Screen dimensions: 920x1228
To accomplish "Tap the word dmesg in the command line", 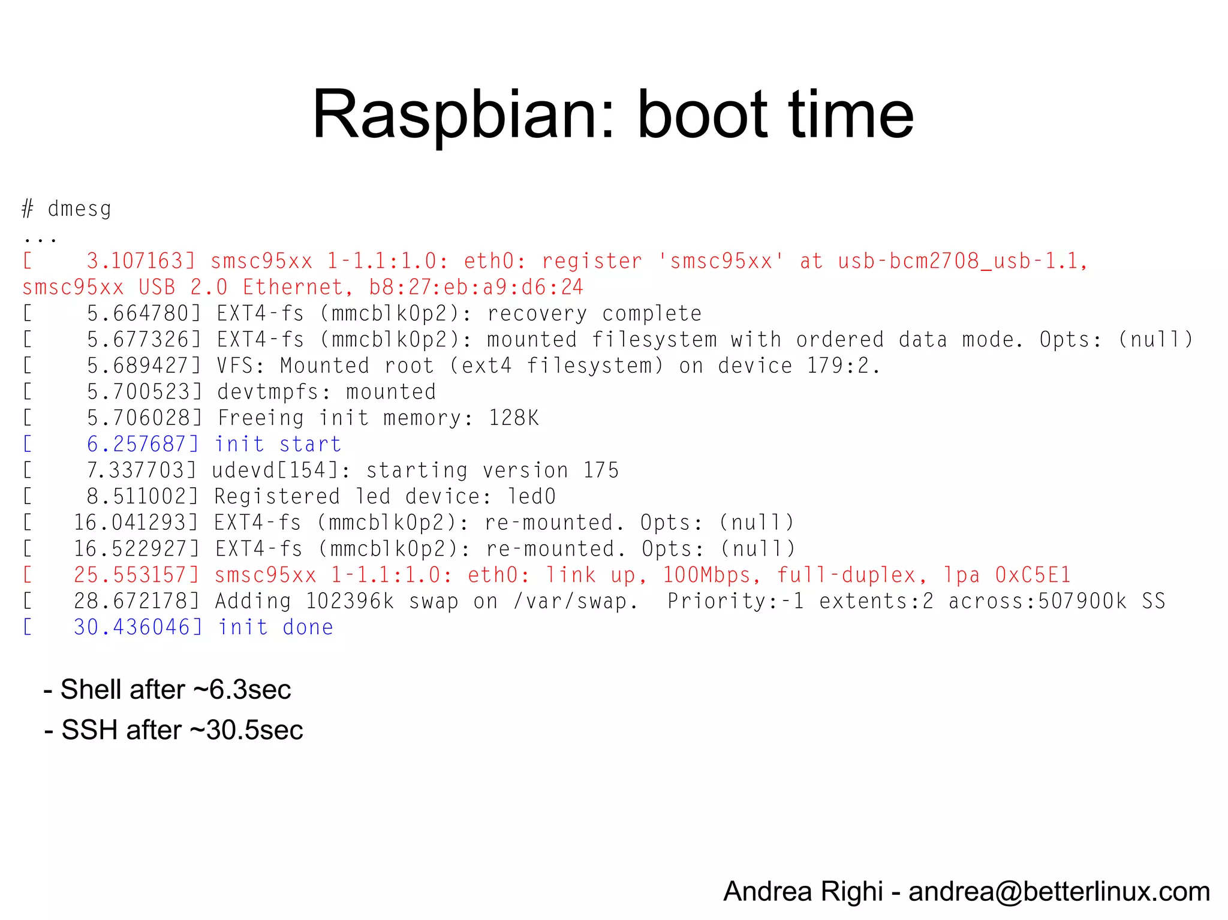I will (x=80, y=209).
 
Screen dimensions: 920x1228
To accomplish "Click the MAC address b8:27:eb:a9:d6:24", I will (x=476, y=288).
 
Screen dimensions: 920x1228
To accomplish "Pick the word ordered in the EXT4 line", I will (x=839, y=340).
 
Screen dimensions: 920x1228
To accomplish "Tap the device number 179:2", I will (x=843, y=366).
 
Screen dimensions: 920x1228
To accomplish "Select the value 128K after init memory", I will (x=514, y=418).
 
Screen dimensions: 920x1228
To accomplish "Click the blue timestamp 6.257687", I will (x=139, y=444).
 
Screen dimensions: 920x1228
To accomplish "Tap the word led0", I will (x=532, y=497).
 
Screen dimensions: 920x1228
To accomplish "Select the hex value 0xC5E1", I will (x=1033, y=575).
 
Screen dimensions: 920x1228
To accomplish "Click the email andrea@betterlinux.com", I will (x=1059, y=892).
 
